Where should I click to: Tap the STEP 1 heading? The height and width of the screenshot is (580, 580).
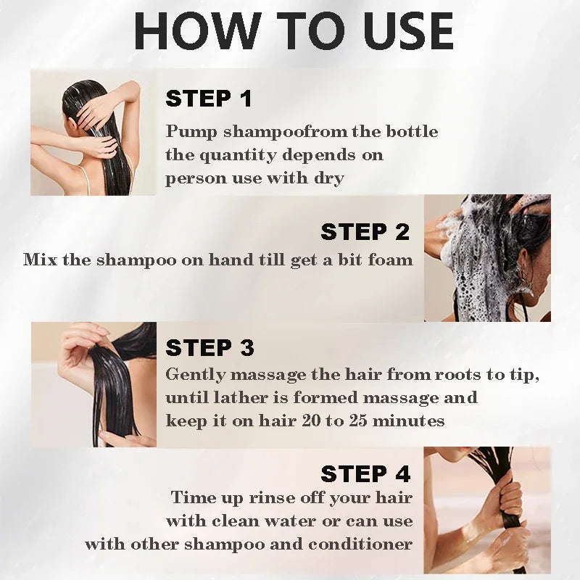[208, 99]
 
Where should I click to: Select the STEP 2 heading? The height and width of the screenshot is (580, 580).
[365, 232]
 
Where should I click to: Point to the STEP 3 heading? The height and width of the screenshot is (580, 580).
[210, 348]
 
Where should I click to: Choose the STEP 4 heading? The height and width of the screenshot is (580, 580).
[365, 474]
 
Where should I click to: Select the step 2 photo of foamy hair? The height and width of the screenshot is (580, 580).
[487, 258]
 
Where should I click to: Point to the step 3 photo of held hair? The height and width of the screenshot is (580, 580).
[93, 384]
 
